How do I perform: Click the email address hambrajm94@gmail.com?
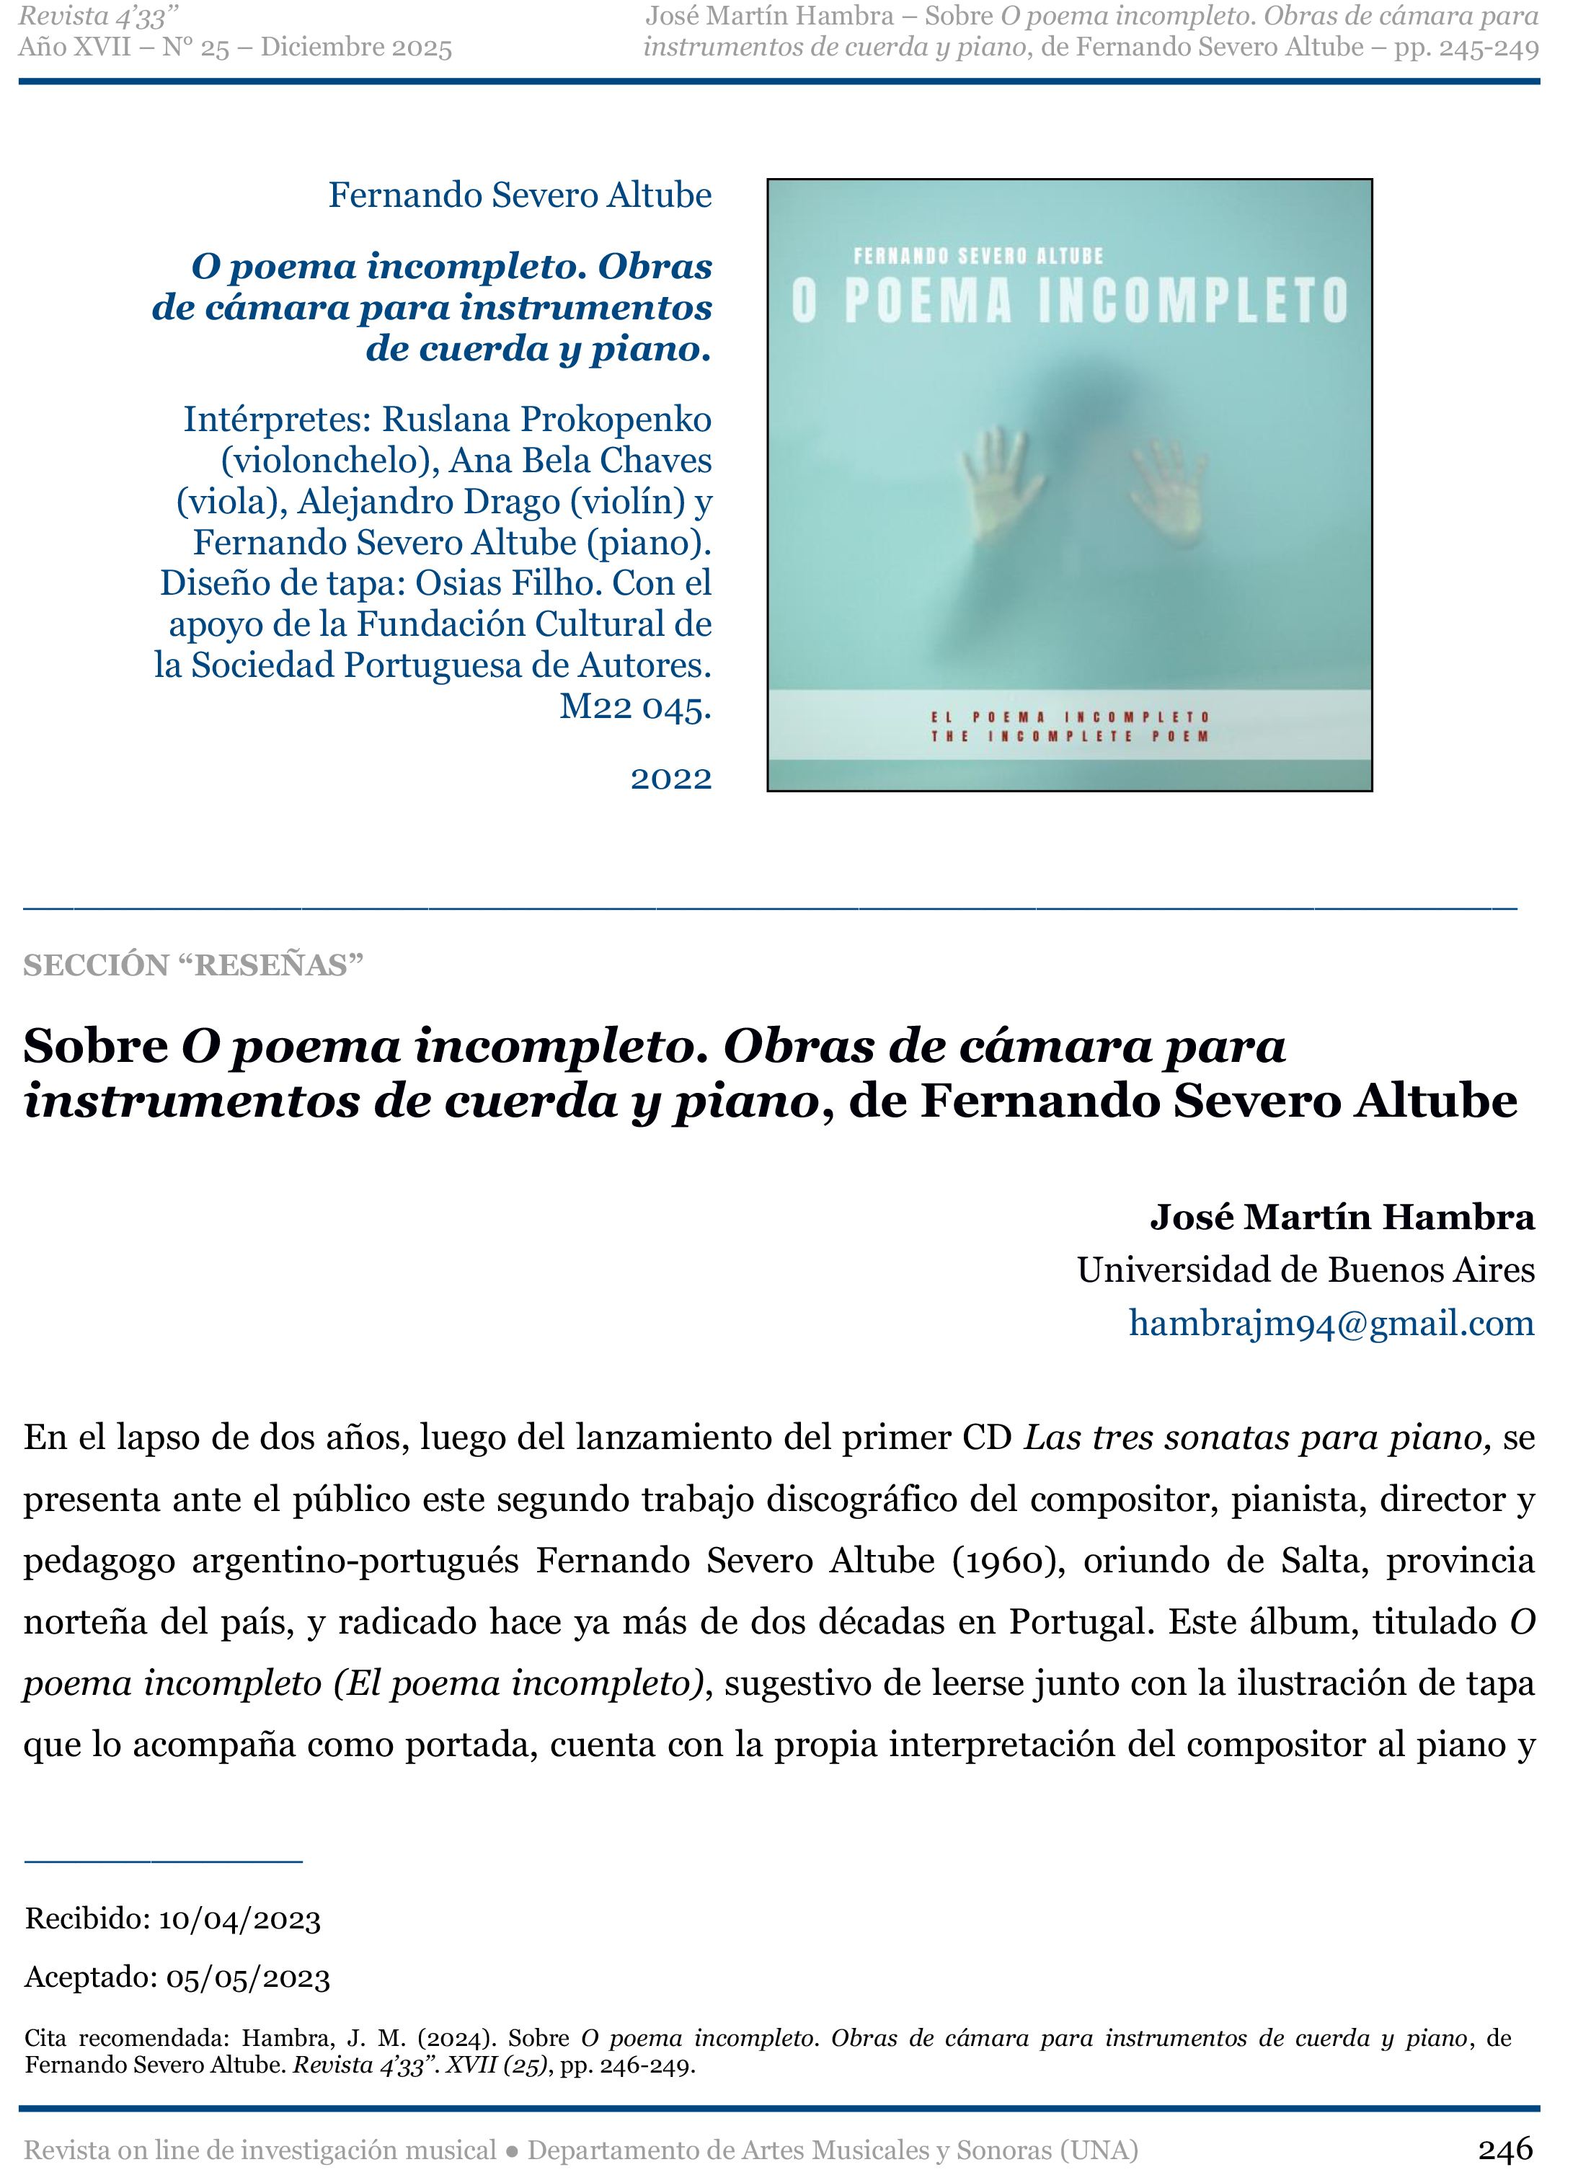pos(1331,1324)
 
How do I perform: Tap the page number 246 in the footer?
pos(1505,2148)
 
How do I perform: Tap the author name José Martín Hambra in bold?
pos(1342,1218)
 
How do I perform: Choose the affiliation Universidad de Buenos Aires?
pos(1305,1270)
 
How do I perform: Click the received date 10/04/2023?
pos(239,1919)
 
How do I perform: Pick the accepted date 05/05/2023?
pos(247,1977)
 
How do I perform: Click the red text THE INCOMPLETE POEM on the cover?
pos(1069,737)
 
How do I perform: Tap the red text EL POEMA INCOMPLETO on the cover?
pos(1069,717)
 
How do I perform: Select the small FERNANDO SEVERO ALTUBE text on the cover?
pos(978,256)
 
